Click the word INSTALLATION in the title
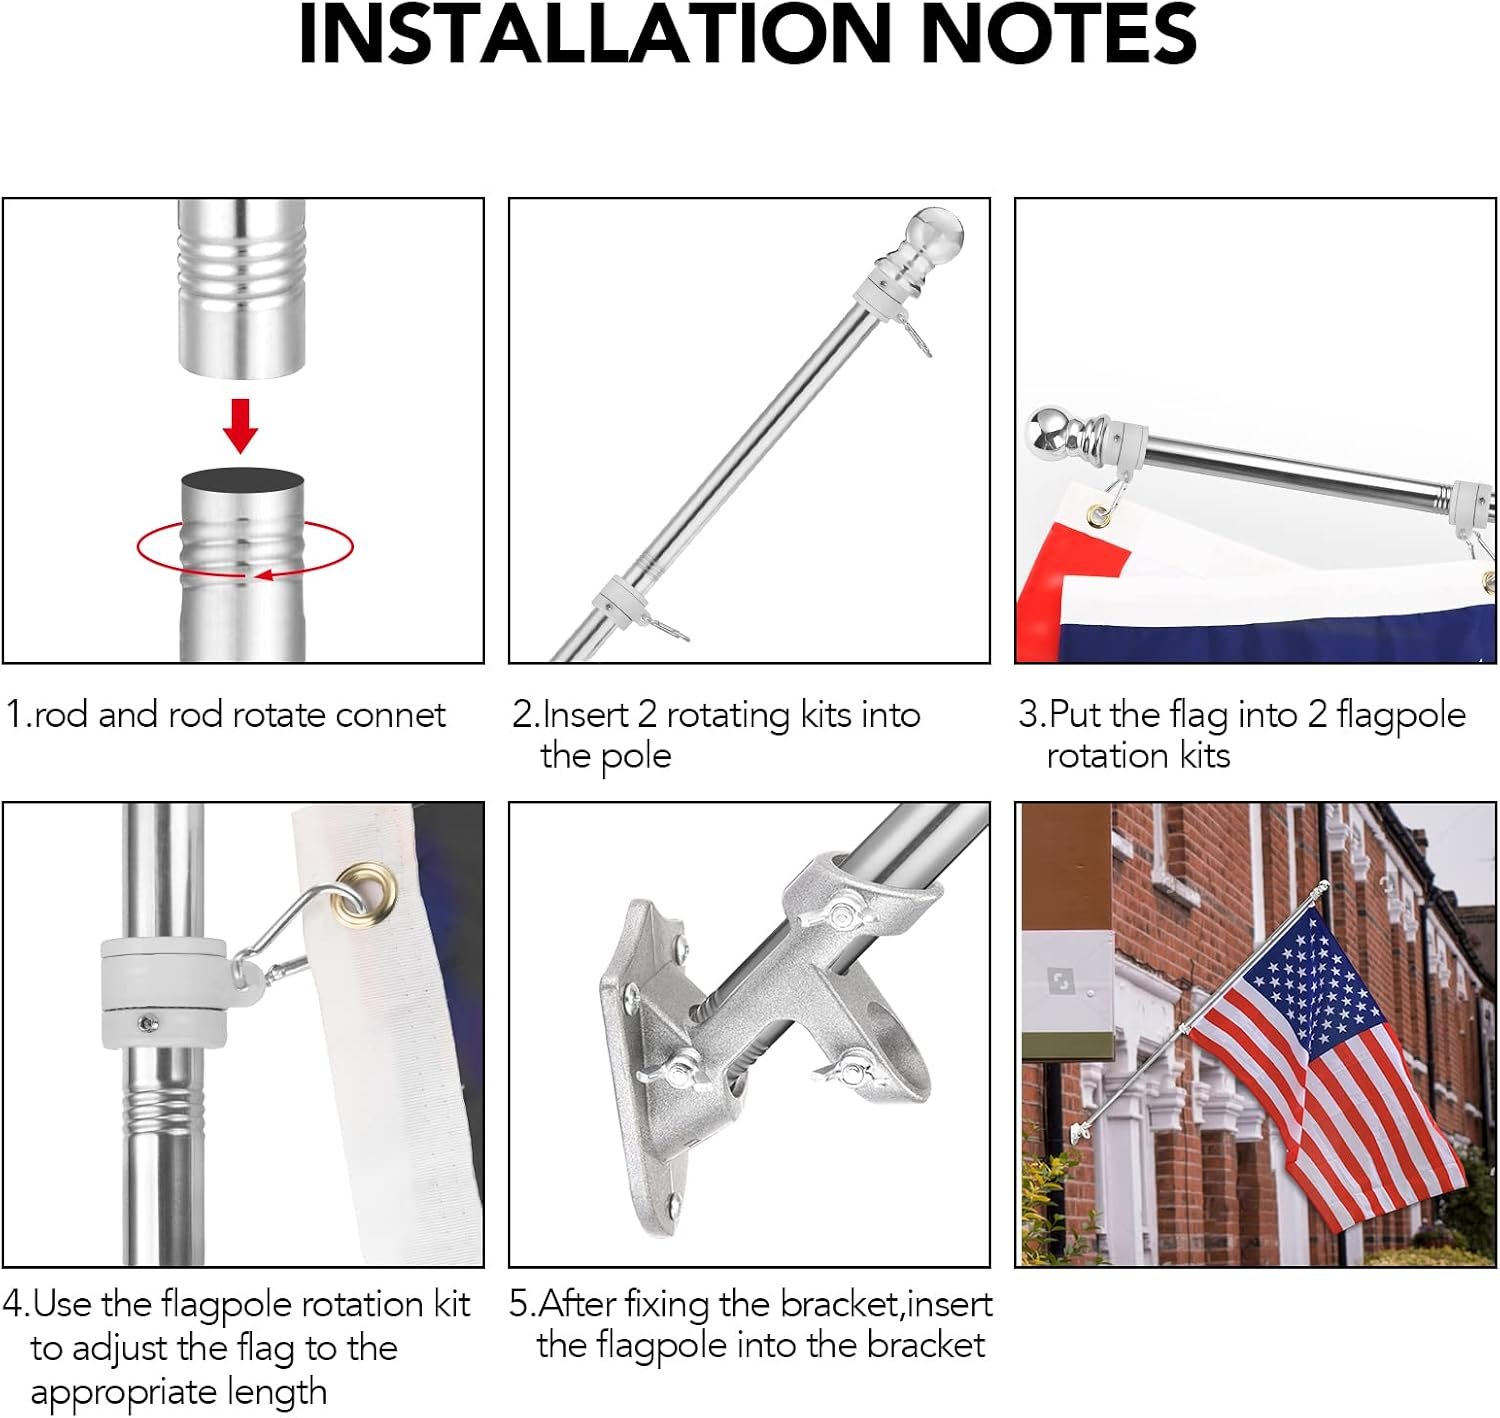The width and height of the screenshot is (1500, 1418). pos(594,34)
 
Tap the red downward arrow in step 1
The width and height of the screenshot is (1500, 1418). pos(240,426)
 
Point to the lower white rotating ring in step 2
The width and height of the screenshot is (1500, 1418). pos(616,600)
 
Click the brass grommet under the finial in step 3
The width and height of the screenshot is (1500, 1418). pos(1099,517)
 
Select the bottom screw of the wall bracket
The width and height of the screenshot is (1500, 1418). pos(674,1205)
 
